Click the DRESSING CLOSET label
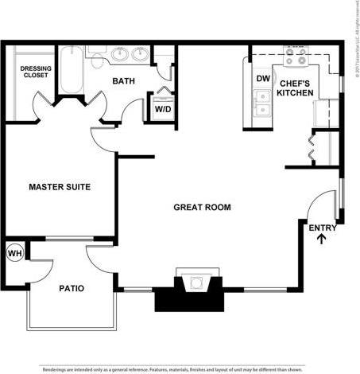tap(35, 73)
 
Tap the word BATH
tap(123, 81)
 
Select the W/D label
tap(162, 108)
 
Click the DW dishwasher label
tap(262, 79)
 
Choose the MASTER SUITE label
tap(60, 187)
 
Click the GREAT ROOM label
tap(202, 207)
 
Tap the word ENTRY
tap(322, 228)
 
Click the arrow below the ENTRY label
tap(322, 240)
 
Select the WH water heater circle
tap(14, 253)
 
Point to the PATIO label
tap(72, 288)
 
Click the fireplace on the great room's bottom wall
tap(190, 290)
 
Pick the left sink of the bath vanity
tap(121, 55)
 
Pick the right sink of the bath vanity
tap(141, 55)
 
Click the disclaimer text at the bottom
tap(180, 369)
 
